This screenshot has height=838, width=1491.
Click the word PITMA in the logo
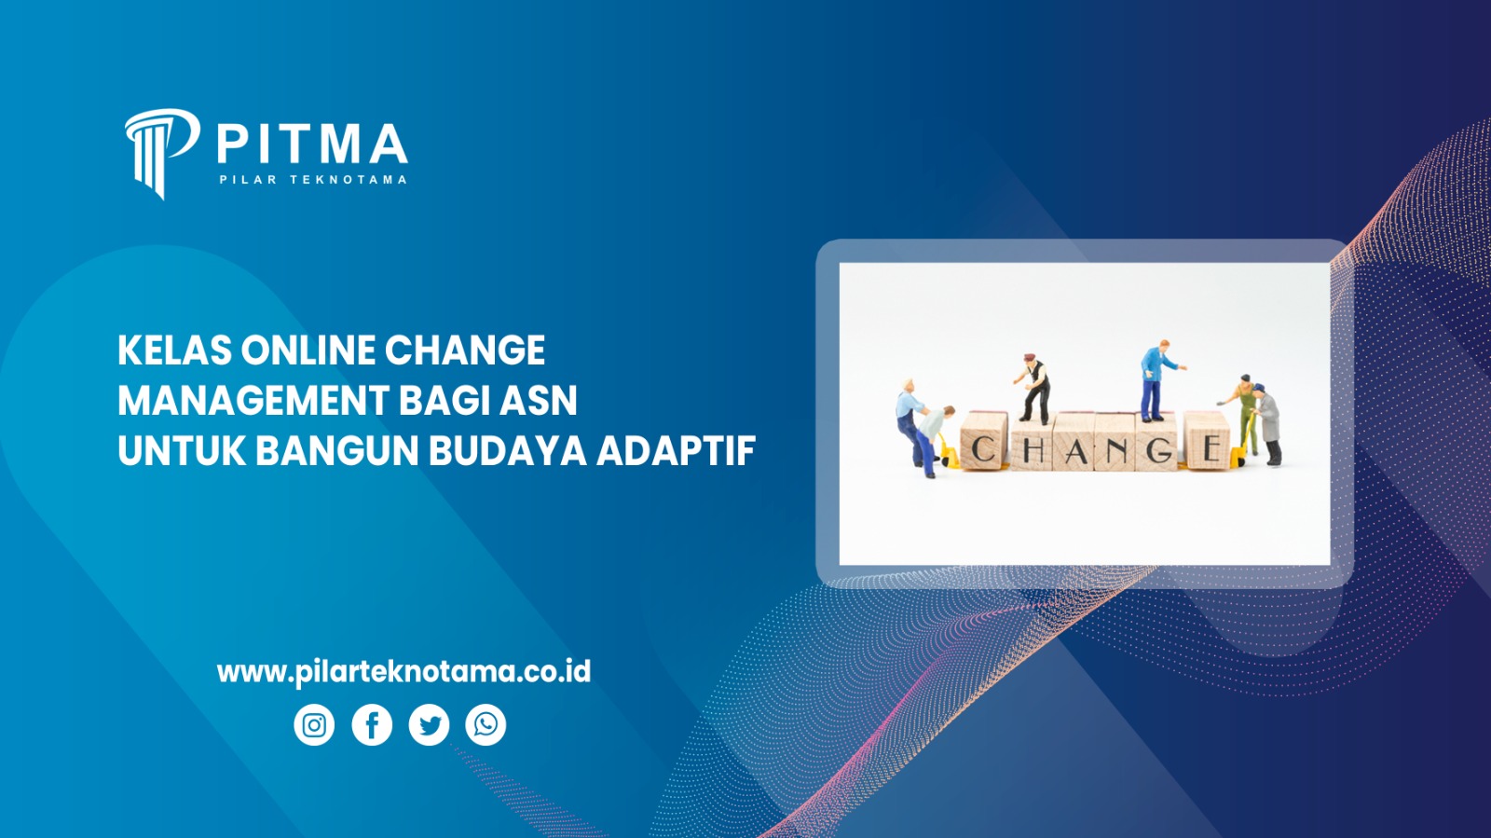pos(312,144)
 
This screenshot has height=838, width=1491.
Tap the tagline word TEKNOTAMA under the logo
pos(348,180)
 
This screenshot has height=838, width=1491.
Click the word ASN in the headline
pos(539,401)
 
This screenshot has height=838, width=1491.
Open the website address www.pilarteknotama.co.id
pos(404,671)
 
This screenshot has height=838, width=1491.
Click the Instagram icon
pos(314,725)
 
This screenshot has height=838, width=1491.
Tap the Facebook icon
pos(372,725)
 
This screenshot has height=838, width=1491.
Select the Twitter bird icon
pos(429,725)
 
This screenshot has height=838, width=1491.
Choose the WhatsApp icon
pos(486,725)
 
